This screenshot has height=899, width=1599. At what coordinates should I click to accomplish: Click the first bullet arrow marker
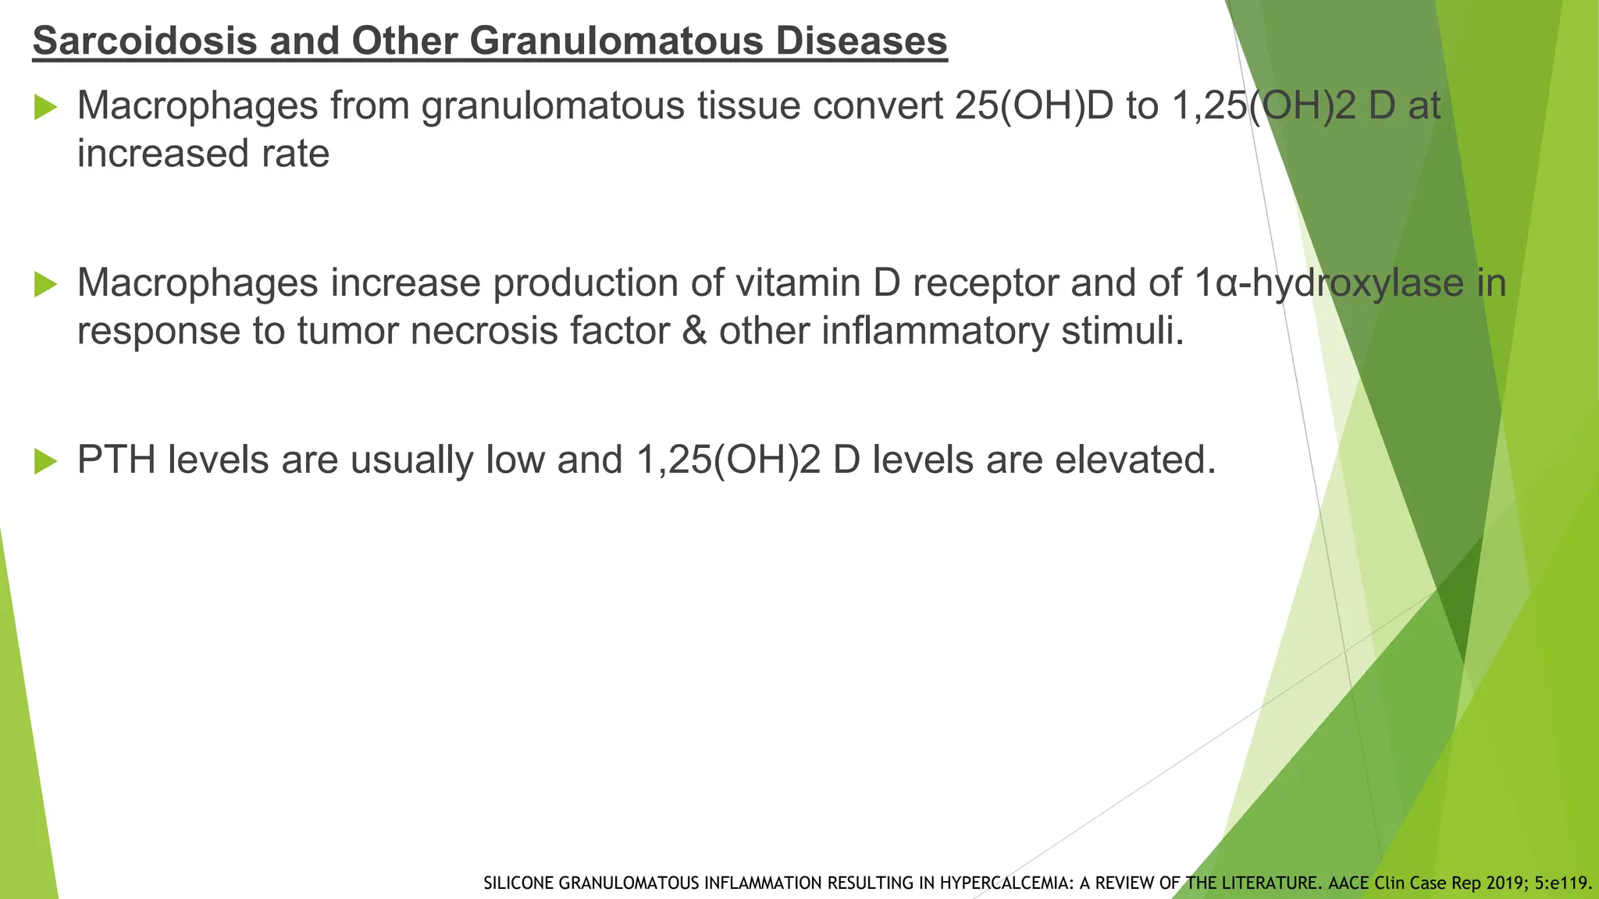coord(46,108)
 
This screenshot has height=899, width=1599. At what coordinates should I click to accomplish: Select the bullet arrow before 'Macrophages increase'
coord(46,285)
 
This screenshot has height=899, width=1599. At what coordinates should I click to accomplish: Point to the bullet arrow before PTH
coord(46,462)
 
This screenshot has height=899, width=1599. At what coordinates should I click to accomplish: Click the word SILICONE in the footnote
coord(518,883)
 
